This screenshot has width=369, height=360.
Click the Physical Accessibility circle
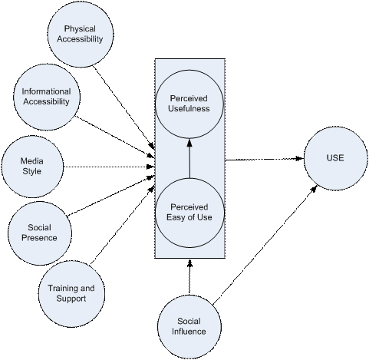81,34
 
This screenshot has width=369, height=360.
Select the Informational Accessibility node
47,97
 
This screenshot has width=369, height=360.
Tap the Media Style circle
32,167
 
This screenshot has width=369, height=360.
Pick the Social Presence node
40,233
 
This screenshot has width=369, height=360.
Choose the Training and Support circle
71,294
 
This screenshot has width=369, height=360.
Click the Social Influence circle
189,327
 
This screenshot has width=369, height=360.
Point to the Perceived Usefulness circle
189,104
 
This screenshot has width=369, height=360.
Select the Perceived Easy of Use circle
189,213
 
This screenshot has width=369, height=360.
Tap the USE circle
335,158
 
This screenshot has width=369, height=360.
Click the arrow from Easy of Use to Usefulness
189,158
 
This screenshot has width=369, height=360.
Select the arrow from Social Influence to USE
265,245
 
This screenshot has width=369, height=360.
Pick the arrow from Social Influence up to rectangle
189,277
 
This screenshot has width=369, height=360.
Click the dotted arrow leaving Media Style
109,167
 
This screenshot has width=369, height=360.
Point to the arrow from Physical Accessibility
124,107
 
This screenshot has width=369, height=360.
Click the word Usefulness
189,108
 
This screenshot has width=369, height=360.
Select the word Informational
46,91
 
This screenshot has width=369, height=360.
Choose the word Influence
189,332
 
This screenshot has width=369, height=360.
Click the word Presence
39,238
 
